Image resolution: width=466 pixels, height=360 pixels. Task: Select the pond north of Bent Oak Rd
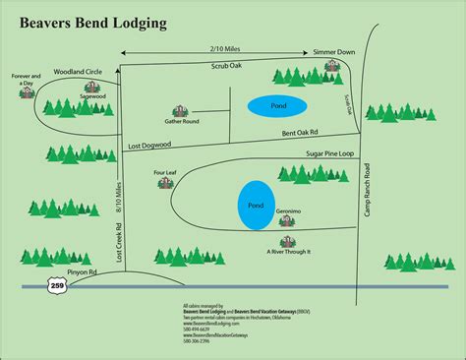tap(276, 105)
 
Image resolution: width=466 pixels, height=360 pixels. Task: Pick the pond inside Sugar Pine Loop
tap(256, 207)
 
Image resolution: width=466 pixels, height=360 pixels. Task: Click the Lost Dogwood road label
tap(151, 146)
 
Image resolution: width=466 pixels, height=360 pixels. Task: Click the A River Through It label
tap(289, 252)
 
